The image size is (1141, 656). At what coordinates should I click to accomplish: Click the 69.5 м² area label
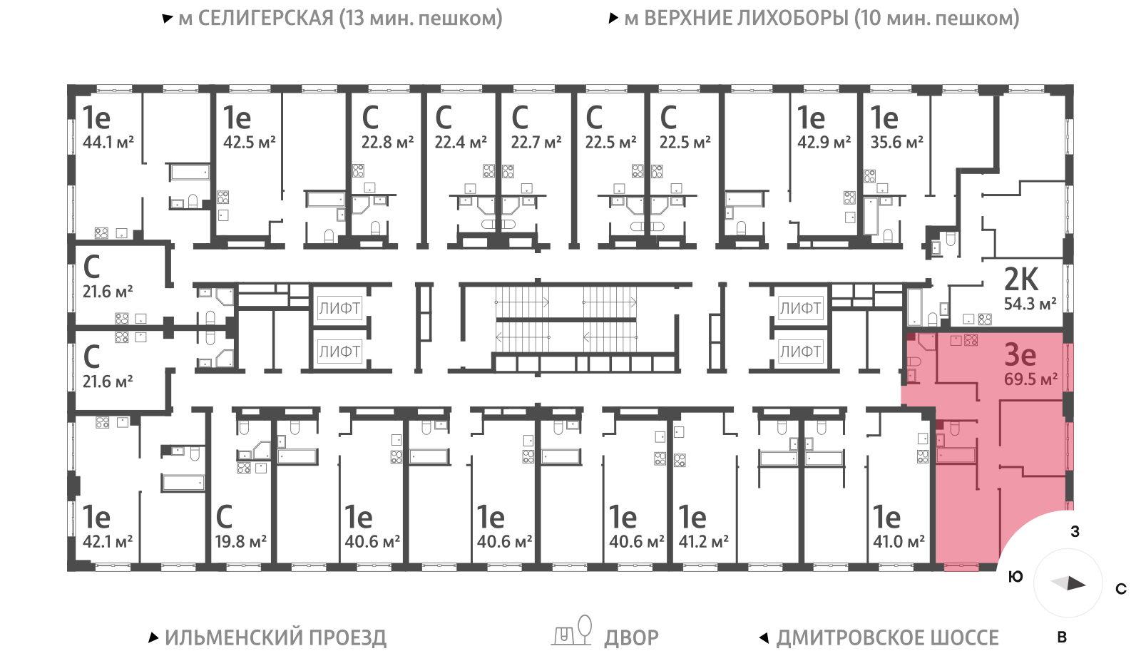tap(1030, 379)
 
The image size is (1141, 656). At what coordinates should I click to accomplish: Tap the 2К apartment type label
tap(1021, 279)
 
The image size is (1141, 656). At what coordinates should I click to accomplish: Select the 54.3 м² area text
tap(1030, 304)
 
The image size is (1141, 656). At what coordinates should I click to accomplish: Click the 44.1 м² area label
tap(108, 143)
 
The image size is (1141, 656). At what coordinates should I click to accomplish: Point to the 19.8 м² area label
tap(241, 542)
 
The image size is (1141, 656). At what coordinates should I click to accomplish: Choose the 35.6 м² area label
tap(896, 143)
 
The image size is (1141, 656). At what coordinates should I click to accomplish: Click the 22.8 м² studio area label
tap(387, 143)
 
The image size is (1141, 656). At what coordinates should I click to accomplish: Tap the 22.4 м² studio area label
tap(461, 143)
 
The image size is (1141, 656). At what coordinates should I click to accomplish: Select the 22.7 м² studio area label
tap(536, 143)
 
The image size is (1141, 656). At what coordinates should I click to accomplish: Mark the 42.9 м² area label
tap(824, 143)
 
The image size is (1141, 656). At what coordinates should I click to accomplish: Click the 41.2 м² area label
tap(703, 542)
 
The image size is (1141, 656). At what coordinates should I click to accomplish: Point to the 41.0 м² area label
tap(899, 542)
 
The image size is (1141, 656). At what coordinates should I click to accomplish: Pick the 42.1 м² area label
tap(108, 542)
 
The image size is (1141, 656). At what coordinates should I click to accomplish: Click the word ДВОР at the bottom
tap(631, 637)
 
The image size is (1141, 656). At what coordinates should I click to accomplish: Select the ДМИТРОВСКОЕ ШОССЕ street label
tap(887, 637)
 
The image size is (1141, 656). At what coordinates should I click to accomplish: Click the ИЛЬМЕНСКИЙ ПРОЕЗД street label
tap(275, 637)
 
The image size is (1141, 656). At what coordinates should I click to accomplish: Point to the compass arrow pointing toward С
tap(1069, 583)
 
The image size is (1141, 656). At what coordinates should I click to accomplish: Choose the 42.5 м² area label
tap(249, 143)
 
